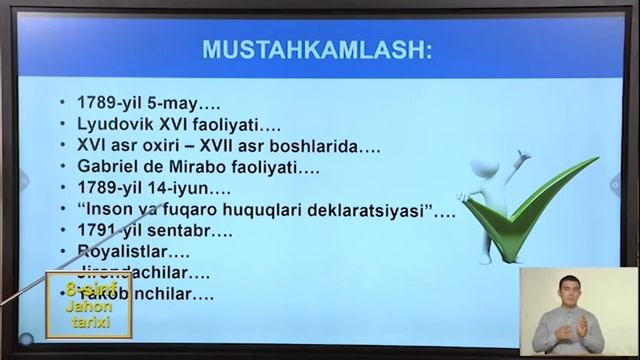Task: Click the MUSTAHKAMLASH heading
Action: (x=316, y=50)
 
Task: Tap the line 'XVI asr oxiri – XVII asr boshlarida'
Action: (x=228, y=146)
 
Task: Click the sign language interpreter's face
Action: (x=569, y=292)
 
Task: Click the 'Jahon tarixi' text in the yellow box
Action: (x=88, y=314)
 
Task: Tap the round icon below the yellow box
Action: (x=28, y=339)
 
